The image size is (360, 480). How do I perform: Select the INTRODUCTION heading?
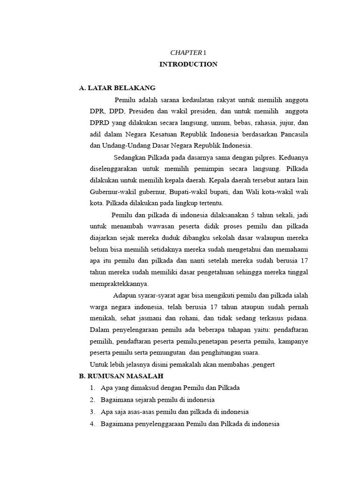click(188, 64)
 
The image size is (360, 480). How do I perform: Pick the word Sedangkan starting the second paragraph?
click(129, 157)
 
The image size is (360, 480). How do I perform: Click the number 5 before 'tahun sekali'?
click(253, 215)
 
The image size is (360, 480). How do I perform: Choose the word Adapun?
click(126, 295)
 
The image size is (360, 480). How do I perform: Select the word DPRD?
click(99, 122)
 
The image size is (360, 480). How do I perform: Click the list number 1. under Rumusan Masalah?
click(92, 388)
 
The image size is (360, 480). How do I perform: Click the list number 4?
click(92, 424)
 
